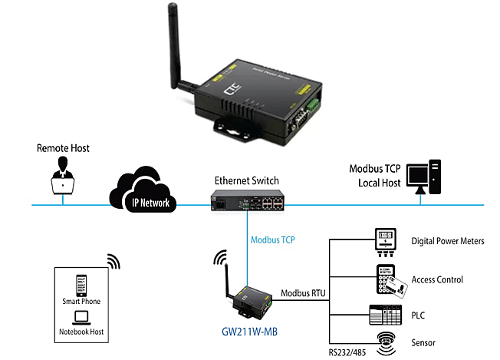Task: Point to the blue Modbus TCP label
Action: [x=274, y=240]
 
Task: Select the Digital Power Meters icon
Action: [x=386, y=241]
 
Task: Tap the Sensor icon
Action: [x=388, y=341]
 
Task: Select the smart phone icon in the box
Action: [x=81, y=284]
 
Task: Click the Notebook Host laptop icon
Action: [x=81, y=318]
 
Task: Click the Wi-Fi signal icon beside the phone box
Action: [x=113, y=262]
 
